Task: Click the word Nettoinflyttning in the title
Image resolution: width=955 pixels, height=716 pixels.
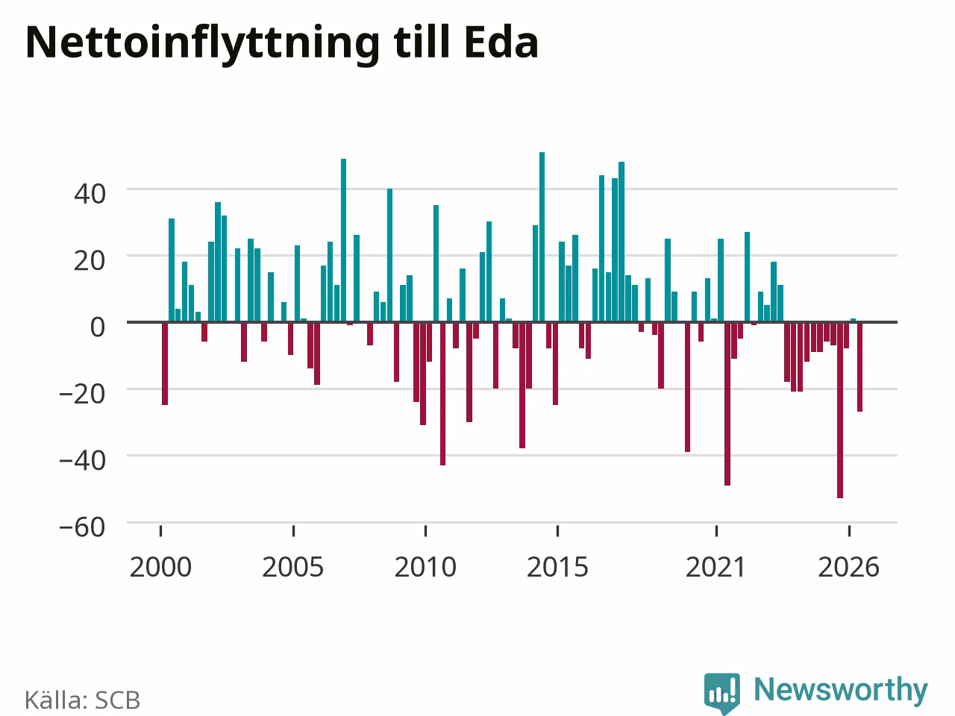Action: click(x=203, y=44)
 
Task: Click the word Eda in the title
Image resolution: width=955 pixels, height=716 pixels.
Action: click(x=501, y=43)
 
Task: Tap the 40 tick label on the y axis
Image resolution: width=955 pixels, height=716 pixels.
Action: click(x=90, y=194)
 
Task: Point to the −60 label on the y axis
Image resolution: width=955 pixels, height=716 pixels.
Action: click(x=82, y=527)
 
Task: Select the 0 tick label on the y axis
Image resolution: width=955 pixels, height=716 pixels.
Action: click(x=98, y=327)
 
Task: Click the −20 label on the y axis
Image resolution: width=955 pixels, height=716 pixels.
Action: click(x=82, y=395)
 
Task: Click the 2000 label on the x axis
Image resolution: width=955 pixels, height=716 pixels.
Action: click(x=160, y=567)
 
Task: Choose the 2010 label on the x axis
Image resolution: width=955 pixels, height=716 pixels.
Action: click(x=425, y=567)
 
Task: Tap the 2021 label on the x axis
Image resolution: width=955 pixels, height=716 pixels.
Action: click(x=716, y=567)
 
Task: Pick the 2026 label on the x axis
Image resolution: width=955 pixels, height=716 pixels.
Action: click(x=849, y=567)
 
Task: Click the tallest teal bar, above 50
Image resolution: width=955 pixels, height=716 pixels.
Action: click(x=542, y=237)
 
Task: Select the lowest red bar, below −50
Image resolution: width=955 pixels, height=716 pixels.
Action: click(x=839, y=410)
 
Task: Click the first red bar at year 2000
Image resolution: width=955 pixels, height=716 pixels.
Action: click(x=164, y=363)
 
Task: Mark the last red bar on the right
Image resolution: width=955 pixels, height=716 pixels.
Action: click(x=859, y=367)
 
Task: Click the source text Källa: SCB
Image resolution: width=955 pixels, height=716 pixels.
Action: click(x=82, y=700)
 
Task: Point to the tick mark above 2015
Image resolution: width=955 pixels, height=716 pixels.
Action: click(x=558, y=531)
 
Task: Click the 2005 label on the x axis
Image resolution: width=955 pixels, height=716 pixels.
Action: click(x=292, y=567)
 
